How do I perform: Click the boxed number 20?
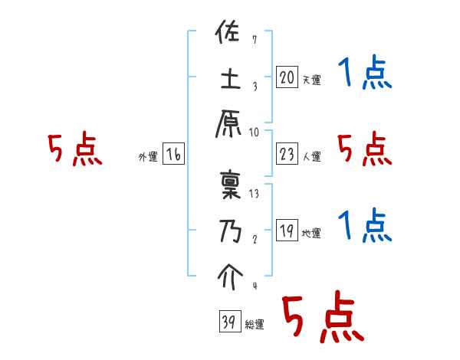287,77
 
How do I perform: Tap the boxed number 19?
287,231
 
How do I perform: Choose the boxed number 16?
173,155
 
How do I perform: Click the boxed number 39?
228,322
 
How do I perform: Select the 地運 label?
311,233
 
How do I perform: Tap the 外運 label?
147,157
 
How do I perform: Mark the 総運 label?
254,325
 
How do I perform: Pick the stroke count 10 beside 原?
254,131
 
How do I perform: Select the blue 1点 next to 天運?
365,74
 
